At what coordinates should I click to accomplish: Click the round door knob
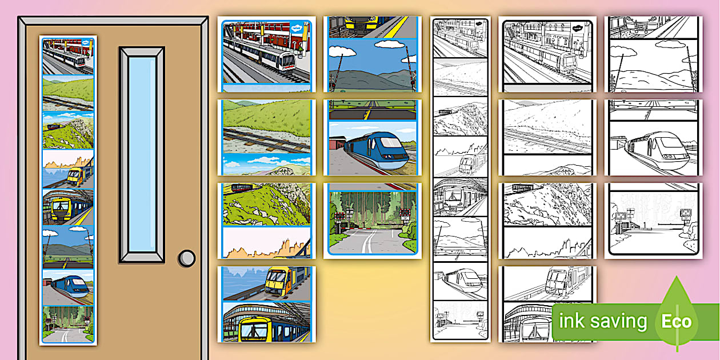[x=187, y=258]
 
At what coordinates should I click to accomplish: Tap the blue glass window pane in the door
[x=142, y=154]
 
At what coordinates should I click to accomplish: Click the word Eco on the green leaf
[x=677, y=322]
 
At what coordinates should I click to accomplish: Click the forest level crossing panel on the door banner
[x=68, y=324]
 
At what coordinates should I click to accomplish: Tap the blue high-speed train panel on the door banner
[x=68, y=287]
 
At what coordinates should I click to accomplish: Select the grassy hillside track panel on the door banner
[x=68, y=93]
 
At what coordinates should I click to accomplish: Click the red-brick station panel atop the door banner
[x=68, y=57]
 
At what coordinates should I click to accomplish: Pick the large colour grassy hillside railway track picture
[x=267, y=126]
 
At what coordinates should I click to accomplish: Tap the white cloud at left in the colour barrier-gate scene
[x=342, y=51]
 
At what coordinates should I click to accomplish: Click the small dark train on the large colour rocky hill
[x=242, y=187]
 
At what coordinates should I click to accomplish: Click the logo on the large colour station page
[x=297, y=29]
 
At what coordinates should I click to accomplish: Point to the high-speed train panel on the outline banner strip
[x=461, y=282]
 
